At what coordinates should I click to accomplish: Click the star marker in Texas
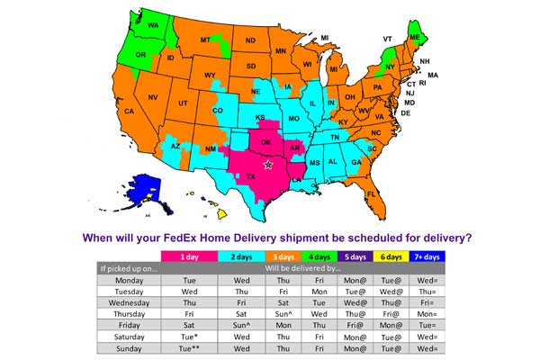point(267,165)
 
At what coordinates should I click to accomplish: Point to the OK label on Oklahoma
point(265,142)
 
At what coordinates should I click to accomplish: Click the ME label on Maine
point(416,37)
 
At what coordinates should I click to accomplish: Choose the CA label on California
point(129,112)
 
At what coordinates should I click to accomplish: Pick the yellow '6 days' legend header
point(391,256)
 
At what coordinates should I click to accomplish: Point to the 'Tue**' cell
point(189,347)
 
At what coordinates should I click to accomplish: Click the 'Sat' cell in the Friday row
point(189,326)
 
